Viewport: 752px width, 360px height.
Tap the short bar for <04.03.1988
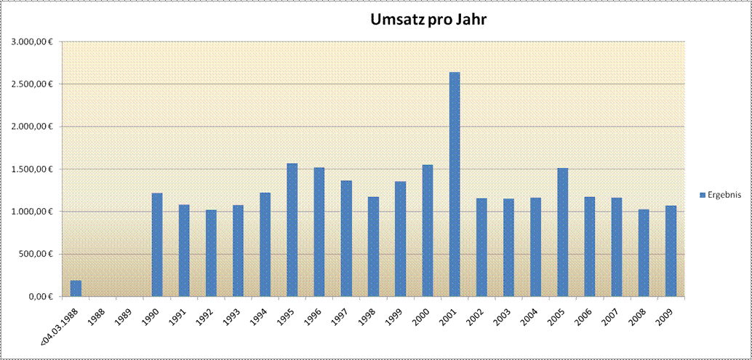pyautogui.click(x=76, y=289)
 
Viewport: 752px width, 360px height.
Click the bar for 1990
pyautogui.click(x=157, y=244)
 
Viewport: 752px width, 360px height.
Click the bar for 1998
pyautogui.click(x=373, y=247)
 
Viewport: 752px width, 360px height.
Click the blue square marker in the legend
pyautogui.click(x=702, y=195)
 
